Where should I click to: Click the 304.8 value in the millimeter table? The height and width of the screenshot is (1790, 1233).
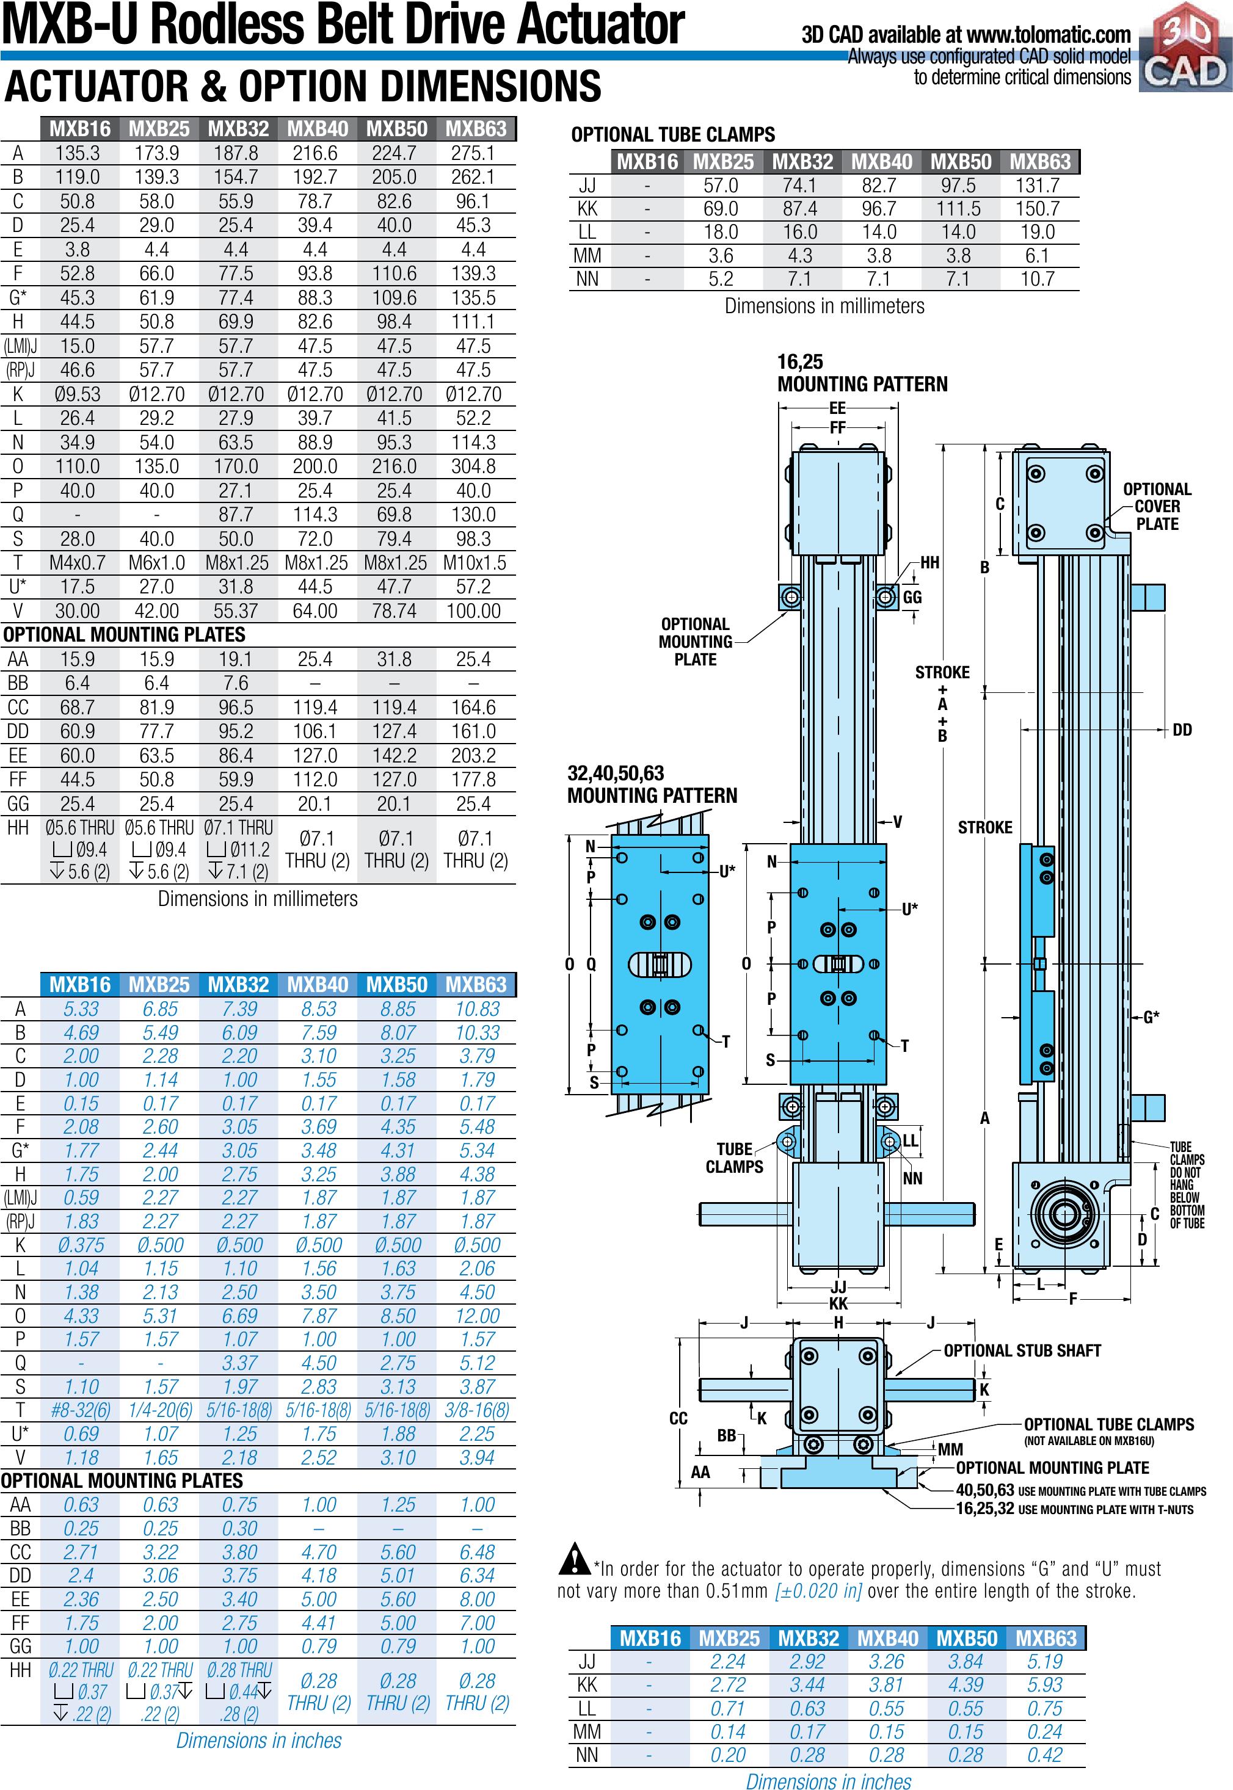[473, 466]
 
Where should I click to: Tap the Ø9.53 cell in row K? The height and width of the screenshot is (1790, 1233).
[78, 394]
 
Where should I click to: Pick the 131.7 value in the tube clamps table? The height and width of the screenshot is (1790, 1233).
[1038, 186]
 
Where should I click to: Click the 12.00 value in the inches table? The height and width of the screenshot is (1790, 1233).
[477, 1316]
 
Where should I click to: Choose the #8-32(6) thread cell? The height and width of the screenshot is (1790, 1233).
[81, 1410]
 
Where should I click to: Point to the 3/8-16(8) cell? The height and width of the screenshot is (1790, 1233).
[477, 1410]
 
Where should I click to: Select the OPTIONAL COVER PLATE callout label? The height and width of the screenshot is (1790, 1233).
[1157, 507]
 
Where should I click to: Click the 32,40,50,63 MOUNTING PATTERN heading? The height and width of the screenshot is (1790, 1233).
[652, 784]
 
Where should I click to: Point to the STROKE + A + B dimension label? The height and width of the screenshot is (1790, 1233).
[942, 703]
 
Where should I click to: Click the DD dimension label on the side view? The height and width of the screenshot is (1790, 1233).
[1182, 730]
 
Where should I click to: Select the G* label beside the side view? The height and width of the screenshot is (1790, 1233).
[1151, 1017]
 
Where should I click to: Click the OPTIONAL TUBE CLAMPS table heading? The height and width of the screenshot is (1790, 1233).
[673, 135]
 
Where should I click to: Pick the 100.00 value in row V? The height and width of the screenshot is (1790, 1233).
[473, 611]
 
